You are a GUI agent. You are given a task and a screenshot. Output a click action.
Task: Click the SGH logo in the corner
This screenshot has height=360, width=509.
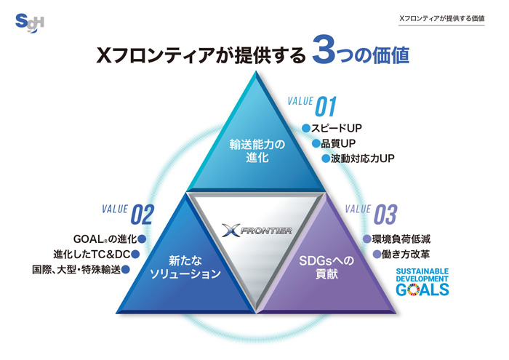(x=30, y=23)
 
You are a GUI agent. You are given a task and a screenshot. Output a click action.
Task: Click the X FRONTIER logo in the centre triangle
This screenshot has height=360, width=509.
(x=257, y=230)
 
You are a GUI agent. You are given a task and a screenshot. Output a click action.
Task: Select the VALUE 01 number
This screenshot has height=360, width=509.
(x=326, y=106)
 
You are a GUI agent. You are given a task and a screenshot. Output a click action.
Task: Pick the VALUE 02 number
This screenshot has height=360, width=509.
(x=142, y=215)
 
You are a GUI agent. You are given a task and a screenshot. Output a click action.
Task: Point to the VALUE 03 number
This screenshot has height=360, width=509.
(x=385, y=215)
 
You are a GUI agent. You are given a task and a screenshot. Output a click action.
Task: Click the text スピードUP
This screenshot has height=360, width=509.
(x=336, y=128)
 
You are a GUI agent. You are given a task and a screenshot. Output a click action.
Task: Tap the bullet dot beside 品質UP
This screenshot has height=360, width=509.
(x=316, y=143)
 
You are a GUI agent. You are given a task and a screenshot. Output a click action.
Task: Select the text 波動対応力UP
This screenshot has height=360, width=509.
(x=363, y=159)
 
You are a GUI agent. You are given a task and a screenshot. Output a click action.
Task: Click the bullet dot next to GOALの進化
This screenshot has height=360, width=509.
(x=142, y=239)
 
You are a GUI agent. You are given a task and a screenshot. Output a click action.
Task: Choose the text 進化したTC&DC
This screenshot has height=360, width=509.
(x=92, y=254)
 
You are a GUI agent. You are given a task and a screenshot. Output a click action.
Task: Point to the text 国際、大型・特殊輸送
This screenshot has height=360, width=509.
(x=76, y=269)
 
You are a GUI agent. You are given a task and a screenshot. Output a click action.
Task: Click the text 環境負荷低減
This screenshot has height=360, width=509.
(x=401, y=239)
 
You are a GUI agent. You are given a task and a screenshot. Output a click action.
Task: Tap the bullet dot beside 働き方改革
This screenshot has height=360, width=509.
(x=377, y=254)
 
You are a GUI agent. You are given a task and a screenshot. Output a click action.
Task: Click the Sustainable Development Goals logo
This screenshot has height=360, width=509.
(x=422, y=281)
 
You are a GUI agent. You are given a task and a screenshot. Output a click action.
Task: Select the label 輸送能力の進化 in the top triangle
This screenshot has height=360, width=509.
(x=257, y=151)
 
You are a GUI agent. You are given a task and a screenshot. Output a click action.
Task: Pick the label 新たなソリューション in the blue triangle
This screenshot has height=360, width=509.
(x=185, y=267)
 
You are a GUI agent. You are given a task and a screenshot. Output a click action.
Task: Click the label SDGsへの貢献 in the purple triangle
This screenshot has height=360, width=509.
(x=326, y=267)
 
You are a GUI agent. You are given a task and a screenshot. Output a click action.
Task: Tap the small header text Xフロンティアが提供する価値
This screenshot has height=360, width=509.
(x=442, y=18)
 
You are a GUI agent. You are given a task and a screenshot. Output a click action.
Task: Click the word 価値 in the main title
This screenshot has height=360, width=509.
(x=391, y=55)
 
